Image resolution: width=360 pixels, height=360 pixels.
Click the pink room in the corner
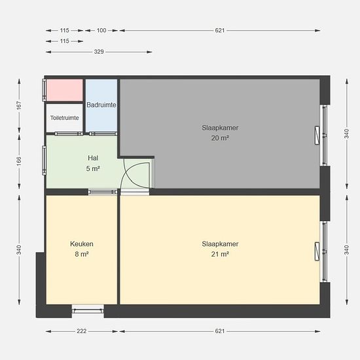(65, 90)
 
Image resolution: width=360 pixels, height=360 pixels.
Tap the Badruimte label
(101, 105)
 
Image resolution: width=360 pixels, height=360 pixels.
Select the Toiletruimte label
(65, 118)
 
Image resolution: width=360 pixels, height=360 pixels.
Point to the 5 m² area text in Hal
(93, 168)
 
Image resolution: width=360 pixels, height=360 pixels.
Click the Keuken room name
(82, 244)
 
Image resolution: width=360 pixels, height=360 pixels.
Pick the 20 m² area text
(220, 138)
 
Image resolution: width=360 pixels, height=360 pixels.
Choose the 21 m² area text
(220, 254)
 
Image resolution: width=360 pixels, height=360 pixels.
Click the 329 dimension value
(99, 52)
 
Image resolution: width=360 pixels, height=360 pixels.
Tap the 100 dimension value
(101, 30)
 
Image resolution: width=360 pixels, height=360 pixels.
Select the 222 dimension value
(82, 331)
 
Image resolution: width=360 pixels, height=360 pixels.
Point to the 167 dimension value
(19, 105)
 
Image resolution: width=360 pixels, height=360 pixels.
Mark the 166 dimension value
(19, 161)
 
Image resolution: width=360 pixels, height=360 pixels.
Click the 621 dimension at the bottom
(220, 331)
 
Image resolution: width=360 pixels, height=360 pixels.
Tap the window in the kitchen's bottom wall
(88, 311)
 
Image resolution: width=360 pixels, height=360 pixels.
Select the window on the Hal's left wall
(44, 160)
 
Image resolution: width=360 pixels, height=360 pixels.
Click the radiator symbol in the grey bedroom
(317, 135)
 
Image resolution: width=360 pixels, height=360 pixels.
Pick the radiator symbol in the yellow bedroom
(317, 251)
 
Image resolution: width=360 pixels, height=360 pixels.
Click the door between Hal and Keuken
(103, 192)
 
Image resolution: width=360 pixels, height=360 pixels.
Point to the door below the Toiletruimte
(69, 134)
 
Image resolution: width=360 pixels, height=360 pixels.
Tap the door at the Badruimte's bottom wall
(103, 134)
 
